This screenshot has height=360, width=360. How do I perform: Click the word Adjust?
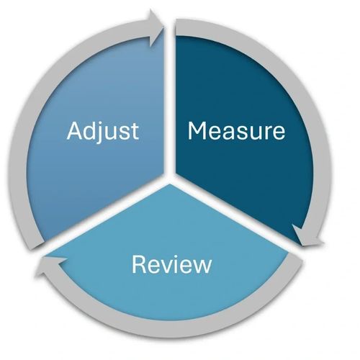pyautogui.click(x=103, y=132)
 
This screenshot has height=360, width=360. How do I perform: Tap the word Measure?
pyautogui.click(x=236, y=130)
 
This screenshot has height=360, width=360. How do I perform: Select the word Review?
pyautogui.click(x=172, y=264)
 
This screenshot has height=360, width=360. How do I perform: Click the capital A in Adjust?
pyautogui.click(x=75, y=130)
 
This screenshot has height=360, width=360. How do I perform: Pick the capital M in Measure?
pyautogui.click(x=197, y=130)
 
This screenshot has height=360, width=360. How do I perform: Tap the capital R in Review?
pyautogui.click(x=139, y=264)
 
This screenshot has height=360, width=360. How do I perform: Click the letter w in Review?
pyautogui.click(x=202, y=266)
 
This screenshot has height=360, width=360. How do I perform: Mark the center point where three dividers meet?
pyautogui.click(x=170, y=178)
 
